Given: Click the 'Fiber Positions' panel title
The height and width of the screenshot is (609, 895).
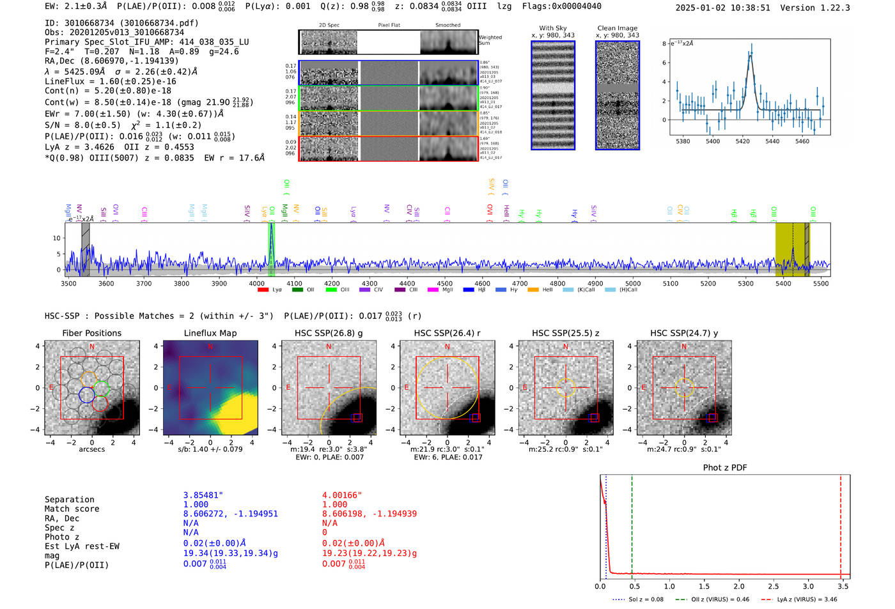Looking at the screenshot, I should click(x=91, y=333).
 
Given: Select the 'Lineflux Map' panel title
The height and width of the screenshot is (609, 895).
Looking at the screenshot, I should click(x=210, y=333).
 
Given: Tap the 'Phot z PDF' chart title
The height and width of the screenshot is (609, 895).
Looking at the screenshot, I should click(x=725, y=468).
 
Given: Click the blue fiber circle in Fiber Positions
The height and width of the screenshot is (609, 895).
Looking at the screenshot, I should click(x=87, y=395).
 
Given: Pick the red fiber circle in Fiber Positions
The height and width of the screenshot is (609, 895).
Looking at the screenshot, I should click(x=100, y=403).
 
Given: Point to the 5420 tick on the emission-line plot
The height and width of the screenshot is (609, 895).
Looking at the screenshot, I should click(x=742, y=141).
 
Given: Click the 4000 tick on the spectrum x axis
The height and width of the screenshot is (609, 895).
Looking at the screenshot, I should click(x=256, y=283).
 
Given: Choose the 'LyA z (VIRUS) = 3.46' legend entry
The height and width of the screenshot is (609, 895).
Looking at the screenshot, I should click(x=800, y=599).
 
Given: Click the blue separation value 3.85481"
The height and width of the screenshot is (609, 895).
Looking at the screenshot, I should click(x=203, y=495).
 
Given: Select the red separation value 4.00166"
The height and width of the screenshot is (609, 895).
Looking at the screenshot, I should click(x=342, y=495).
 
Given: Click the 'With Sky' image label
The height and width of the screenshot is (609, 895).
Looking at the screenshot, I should click(x=553, y=28).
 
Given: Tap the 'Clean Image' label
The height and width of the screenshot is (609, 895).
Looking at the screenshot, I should click(x=617, y=28).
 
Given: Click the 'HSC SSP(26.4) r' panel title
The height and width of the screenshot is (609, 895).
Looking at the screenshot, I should click(x=447, y=333).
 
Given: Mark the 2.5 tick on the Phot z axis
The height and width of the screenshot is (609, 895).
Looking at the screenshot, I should click(x=774, y=586).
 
